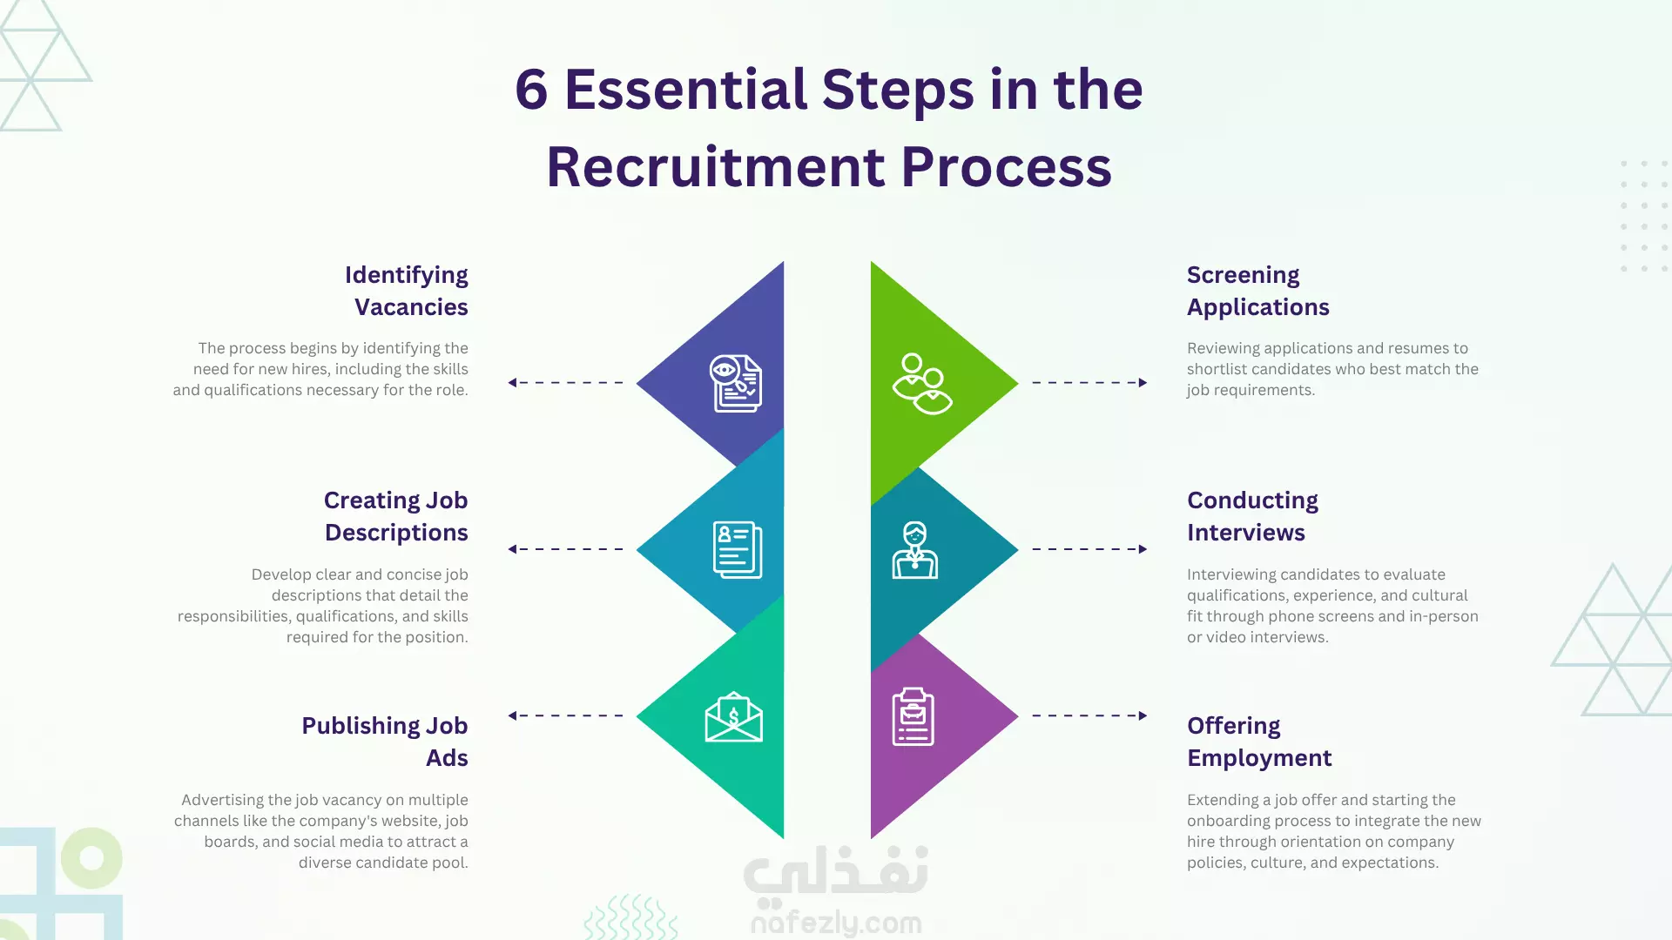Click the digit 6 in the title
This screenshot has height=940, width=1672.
tap(531, 90)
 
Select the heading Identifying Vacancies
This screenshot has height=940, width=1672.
tap(407, 291)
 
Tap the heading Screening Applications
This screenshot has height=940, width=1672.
tap(1257, 291)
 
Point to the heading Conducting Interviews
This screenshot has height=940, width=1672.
tap(1252, 516)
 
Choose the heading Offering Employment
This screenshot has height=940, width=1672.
tap(1259, 742)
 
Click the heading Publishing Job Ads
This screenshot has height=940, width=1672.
tap(385, 742)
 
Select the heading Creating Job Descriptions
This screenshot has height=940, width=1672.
tap(396, 516)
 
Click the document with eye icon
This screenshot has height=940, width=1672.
tap(736, 383)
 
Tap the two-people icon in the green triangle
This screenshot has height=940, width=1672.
tap(921, 384)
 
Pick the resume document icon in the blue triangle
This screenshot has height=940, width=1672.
tap(738, 550)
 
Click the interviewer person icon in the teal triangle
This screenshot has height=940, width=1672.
tap(914, 550)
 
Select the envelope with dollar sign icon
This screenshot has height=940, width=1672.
tap(734, 717)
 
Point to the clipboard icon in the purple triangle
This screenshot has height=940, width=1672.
tap(913, 716)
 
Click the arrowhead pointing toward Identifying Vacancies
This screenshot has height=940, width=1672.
tap(513, 382)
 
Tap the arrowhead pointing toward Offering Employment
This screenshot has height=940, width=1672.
tap(1143, 715)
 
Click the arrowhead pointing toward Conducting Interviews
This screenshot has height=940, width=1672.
tap(1143, 549)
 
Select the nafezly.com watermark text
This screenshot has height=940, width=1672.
tap(836, 923)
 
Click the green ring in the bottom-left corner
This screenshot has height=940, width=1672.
tap(91, 858)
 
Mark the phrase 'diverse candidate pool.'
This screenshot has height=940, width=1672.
tap(383, 863)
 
